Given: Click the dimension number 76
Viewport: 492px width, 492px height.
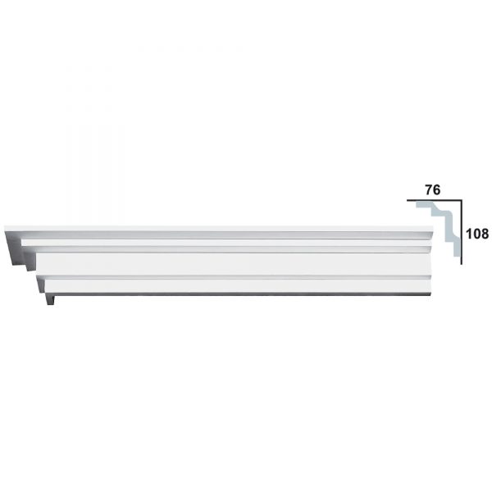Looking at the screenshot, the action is click(433, 190).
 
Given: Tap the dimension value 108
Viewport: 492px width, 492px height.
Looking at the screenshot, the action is click(477, 234).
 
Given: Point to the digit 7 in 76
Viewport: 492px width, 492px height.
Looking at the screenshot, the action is click(429, 190).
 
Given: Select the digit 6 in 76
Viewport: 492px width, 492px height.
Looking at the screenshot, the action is click(437, 190).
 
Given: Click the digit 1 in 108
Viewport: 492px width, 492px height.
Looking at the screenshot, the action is click(469, 234).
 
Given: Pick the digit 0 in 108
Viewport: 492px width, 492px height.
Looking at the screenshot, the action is click(477, 234).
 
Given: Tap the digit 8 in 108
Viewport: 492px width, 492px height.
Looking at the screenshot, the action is click(485, 234).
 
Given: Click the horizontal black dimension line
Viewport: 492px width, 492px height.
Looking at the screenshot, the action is click(435, 200).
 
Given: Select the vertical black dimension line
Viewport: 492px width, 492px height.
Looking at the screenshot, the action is click(461, 232).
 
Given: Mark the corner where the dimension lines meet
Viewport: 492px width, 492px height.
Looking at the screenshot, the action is click(461, 200).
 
